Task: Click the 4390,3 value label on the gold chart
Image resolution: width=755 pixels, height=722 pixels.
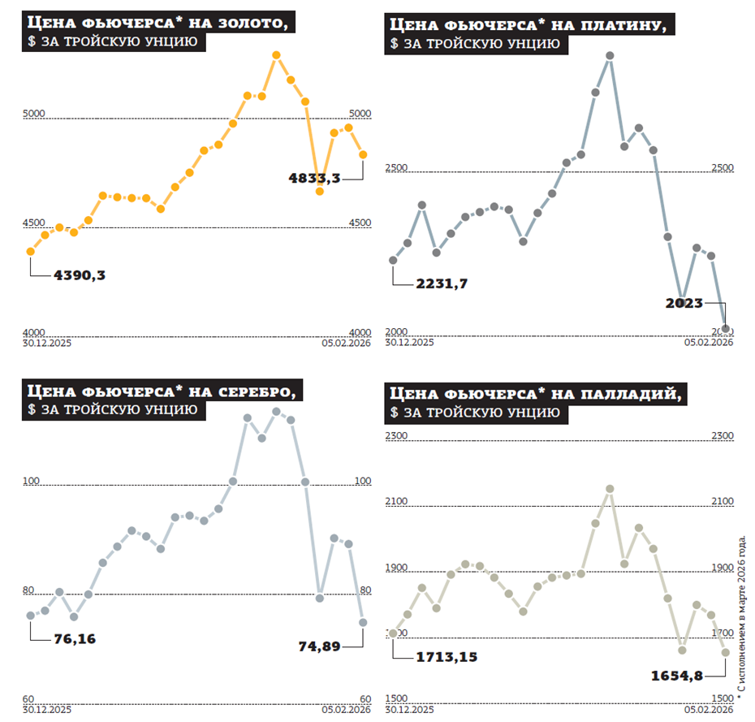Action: click(80, 275)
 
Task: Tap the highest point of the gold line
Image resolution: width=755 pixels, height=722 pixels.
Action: click(276, 55)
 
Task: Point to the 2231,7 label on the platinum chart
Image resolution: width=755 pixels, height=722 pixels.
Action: click(442, 283)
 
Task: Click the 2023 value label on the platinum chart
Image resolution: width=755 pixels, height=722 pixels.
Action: click(684, 303)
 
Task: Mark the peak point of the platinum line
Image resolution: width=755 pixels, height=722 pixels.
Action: click(610, 56)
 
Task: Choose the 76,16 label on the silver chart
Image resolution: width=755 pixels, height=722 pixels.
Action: click(75, 638)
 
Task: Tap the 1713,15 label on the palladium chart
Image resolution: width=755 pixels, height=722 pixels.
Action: click(446, 656)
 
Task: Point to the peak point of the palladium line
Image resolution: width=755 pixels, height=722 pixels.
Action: click(610, 489)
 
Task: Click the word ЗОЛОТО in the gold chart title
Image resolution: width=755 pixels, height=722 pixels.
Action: click(248, 23)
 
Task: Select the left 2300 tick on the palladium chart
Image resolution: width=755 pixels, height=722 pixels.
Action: click(396, 436)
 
